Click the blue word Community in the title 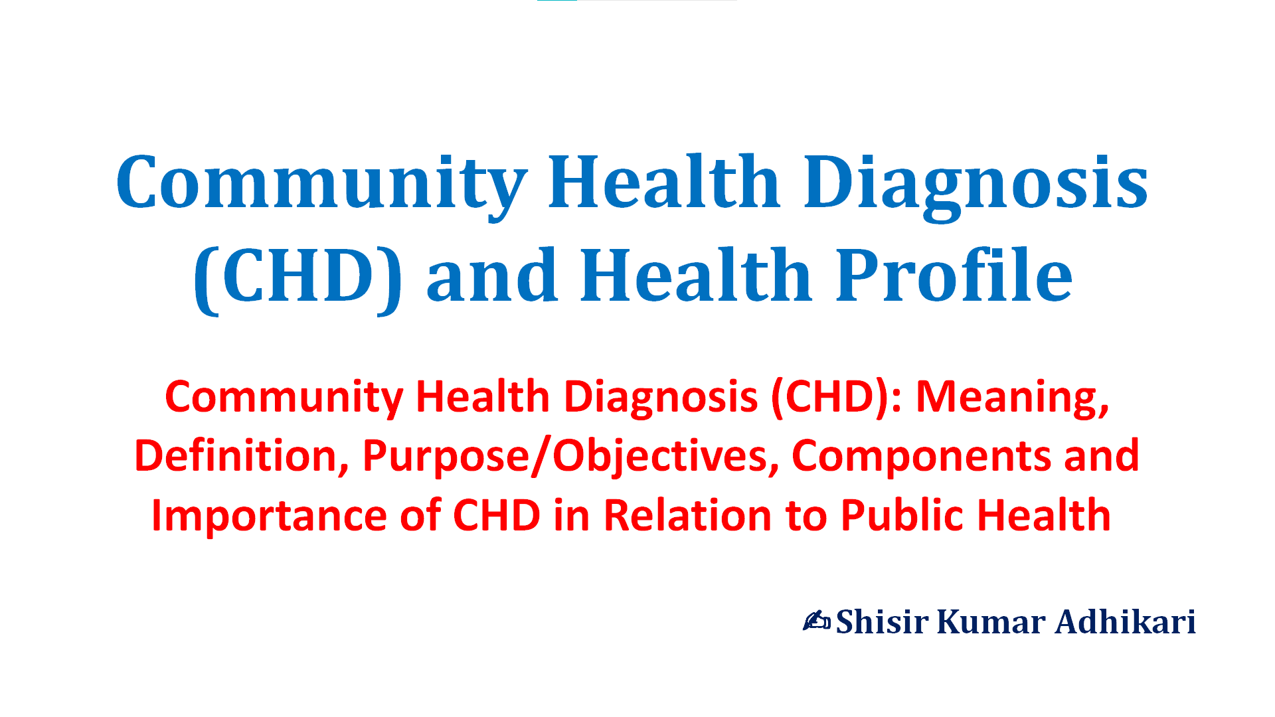[x=322, y=183]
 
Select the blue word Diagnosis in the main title [x=976, y=183]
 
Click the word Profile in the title [x=954, y=274]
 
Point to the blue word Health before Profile [x=696, y=274]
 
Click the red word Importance [x=269, y=517]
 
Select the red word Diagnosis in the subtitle [x=661, y=398]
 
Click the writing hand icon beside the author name [x=817, y=621]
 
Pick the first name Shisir [x=882, y=622]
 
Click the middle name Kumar [x=991, y=622]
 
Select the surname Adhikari [x=1125, y=622]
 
